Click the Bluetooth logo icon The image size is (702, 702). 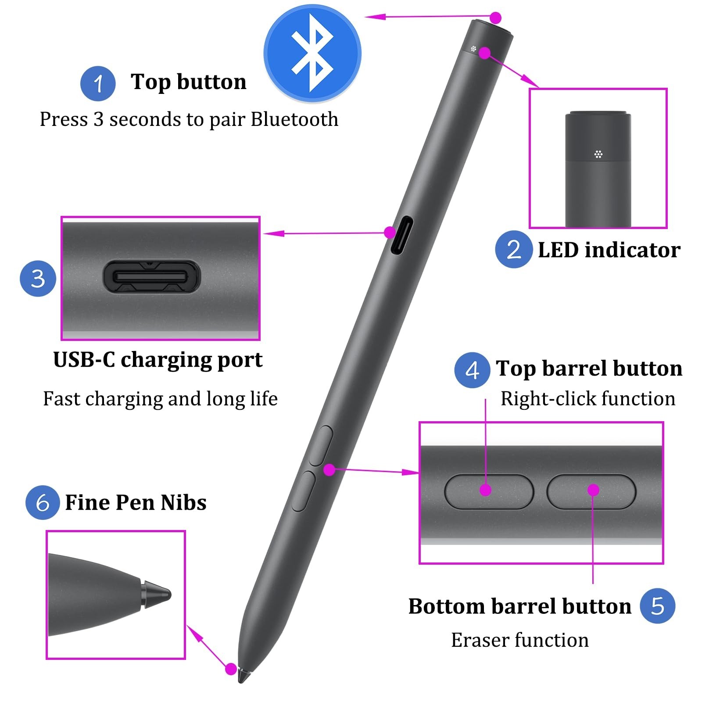(x=312, y=53)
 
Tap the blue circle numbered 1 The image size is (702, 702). (x=98, y=83)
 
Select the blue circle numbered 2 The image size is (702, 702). (x=513, y=249)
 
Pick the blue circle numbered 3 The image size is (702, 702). (x=38, y=279)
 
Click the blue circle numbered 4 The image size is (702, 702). (x=472, y=370)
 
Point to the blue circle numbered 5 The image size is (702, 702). (x=657, y=606)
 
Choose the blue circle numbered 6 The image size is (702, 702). (x=43, y=502)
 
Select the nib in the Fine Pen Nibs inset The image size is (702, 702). (x=156, y=595)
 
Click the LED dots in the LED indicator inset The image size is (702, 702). (x=598, y=154)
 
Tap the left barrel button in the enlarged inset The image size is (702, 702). (x=489, y=491)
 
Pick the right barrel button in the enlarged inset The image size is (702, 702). (x=591, y=491)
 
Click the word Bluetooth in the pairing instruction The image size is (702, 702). (x=294, y=119)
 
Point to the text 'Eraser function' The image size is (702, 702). (x=520, y=640)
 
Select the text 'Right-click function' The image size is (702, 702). (x=588, y=399)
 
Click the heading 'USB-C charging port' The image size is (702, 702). (x=158, y=360)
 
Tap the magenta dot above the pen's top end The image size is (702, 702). (x=496, y=18)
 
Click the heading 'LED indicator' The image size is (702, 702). (x=609, y=250)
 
